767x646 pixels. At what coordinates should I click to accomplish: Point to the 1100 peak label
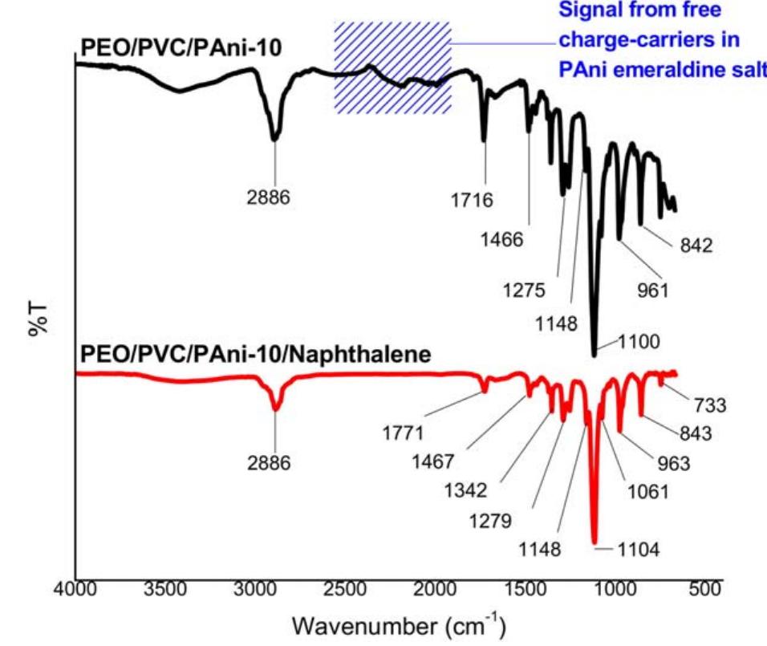[639, 343]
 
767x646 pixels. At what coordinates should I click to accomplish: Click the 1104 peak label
[639, 550]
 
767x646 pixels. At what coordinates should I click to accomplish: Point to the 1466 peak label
[502, 238]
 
